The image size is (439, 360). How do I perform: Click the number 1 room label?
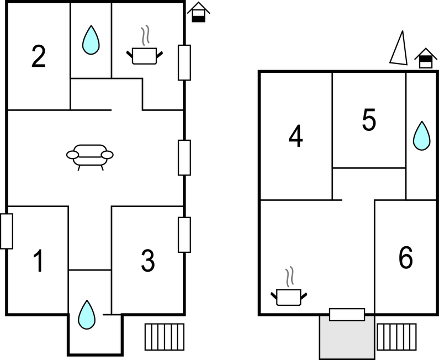[38, 261]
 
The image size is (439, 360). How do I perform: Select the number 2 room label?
[38, 56]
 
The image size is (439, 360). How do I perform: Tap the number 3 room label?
[147, 261]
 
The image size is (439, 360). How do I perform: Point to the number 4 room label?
[296, 137]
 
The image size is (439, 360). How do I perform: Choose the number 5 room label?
[369, 120]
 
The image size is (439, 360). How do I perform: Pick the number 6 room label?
[405, 258]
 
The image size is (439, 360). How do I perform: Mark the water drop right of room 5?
[422, 135]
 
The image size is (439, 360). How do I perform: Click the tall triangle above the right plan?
[399, 48]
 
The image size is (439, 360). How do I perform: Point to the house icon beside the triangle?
[425, 57]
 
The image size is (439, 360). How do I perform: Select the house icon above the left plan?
[199, 12]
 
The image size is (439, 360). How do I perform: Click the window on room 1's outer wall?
[7, 231]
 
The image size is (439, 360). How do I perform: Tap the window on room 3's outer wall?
[184, 235]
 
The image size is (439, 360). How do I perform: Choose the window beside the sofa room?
[184, 157]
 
